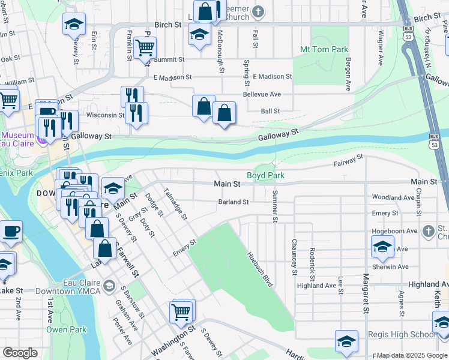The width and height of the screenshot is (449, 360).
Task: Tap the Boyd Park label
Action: click(x=265, y=176)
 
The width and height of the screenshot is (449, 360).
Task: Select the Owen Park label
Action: click(x=67, y=329)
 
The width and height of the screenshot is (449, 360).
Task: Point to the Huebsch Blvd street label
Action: click(x=260, y=268)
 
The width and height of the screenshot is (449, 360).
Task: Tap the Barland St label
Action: click(x=233, y=202)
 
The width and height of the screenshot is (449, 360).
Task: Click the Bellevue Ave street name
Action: click(x=262, y=95)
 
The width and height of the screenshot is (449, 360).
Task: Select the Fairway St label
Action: click(x=349, y=160)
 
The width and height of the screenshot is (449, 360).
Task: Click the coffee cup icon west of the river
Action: click(x=11, y=231)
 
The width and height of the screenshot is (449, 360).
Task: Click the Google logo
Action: click(x=20, y=353)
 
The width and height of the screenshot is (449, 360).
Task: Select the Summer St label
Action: click(x=275, y=206)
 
